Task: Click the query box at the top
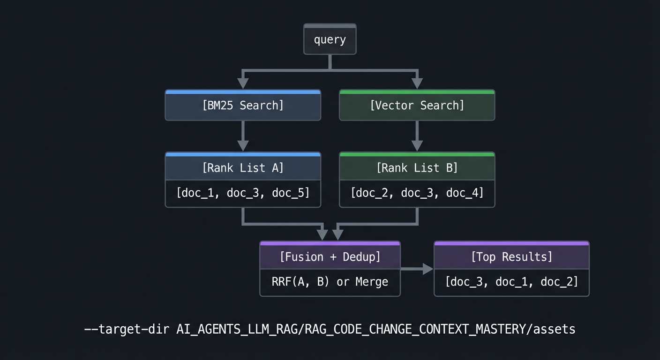coord(330,40)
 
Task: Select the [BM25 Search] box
coord(243,105)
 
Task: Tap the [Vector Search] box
coord(417,105)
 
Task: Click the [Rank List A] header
coord(243,168)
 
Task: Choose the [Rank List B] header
coord(417,168)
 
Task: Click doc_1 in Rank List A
coord(195,193)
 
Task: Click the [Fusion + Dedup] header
coord(330,257)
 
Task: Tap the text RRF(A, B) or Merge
coord(330,282)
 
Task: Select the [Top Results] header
coord(511,257)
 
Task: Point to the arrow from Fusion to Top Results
coord(417,269)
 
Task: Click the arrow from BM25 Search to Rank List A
coord(243,136)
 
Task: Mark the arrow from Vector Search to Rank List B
coord(417,136)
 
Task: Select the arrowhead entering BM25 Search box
coord(243,83)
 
